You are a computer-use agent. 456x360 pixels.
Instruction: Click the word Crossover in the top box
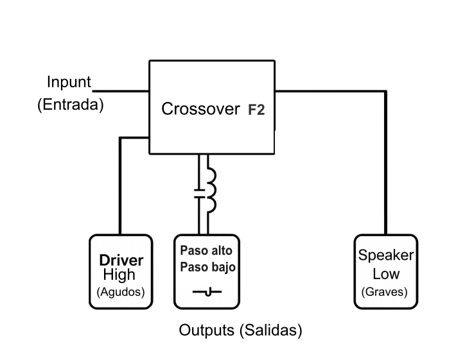[200, 109]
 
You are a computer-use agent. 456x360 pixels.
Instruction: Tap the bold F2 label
[256, 110]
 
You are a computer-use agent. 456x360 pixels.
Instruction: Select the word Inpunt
[69, 82]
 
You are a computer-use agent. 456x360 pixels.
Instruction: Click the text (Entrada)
[70, 105]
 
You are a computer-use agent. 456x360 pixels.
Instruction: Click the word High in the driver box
[119, 275]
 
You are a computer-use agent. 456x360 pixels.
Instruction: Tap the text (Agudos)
[120, 291]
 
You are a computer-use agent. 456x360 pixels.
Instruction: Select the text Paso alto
[206, 251]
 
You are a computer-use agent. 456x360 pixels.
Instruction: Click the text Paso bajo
[206, 266]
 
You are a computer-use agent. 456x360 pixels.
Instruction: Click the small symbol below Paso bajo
[207, 293]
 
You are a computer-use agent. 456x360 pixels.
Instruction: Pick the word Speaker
[385, 255]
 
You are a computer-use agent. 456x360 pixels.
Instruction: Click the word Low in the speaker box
[385, 274]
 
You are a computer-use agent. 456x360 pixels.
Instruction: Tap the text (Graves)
[385, 292]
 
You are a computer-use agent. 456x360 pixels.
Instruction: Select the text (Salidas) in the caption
[269, 330]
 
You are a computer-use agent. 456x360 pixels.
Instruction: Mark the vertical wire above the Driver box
[120, 186]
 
